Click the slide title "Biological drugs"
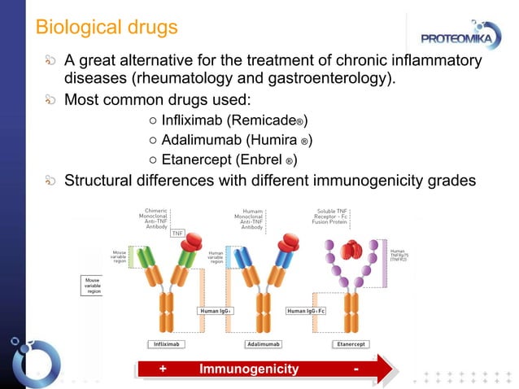[106, 27]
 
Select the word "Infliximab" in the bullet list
[190, 121]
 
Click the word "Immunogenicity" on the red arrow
[248, 369]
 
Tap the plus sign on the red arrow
[163, 369]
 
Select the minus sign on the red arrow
[357, 369]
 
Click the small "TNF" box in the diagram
[177, 233]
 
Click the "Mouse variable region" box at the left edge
[91, 286]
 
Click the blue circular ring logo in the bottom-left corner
[35, 359]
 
